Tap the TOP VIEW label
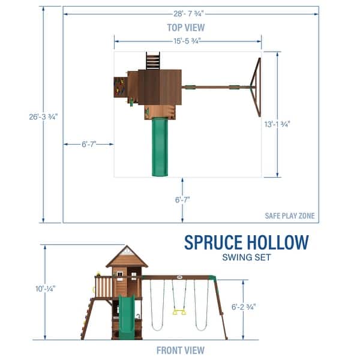pyautogui.click(x=185, y=27)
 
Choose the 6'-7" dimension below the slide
pyautogui.click(x=187, y=200)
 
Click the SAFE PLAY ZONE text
pyautogui.click(x=290, y=216)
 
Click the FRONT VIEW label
pyautogui.click(x=180, y=350)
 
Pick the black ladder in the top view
pyautogui.click(x=152, y=61)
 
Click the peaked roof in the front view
pyautogui.click(x=127, y=257)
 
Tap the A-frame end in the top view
pyautogui.click(x=257, y=88)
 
